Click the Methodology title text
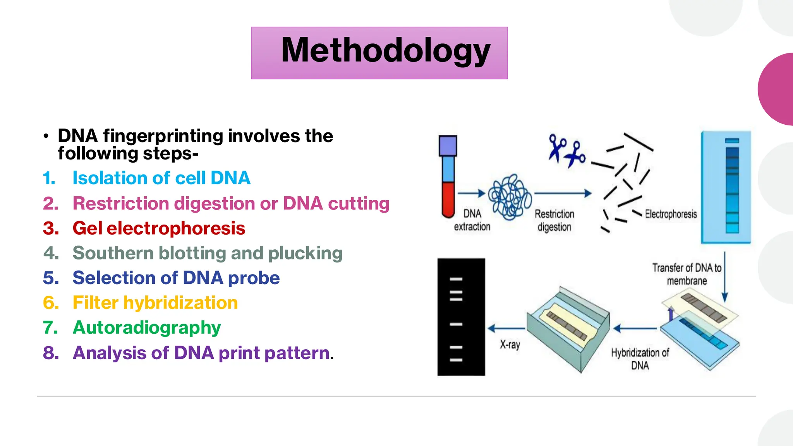(386, 50)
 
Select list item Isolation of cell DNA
(161, 178)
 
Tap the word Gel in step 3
(88, 228)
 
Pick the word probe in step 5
(254, 278)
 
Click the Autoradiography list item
(146, 328)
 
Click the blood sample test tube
(448, 177)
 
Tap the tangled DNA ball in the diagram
(510, 197)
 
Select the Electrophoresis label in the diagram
(671, 214)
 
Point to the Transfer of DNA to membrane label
(687, 274)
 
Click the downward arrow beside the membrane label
(725, 277)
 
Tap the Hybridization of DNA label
(640, 359)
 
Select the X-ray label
(510, 345)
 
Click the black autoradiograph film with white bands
(461, 317)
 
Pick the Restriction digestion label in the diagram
(554, 220)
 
